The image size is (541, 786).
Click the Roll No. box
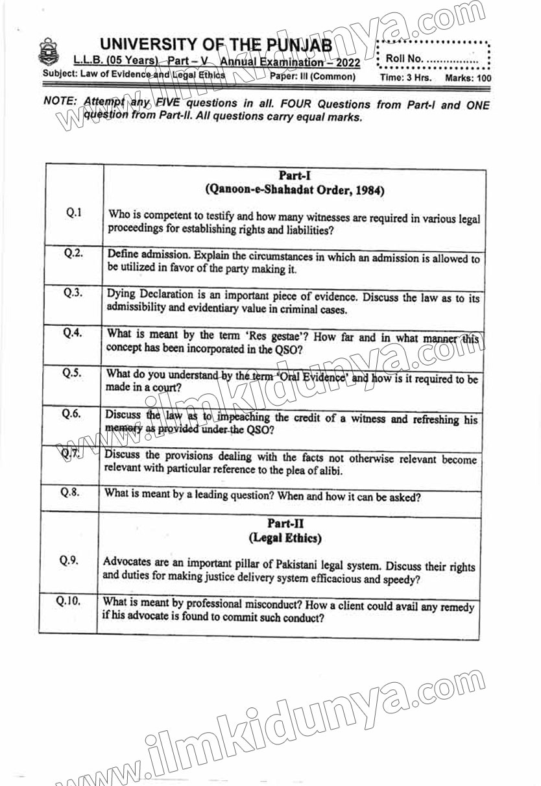point(433,58)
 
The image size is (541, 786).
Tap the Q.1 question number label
point(73,213)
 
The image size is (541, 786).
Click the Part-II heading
point(285,522)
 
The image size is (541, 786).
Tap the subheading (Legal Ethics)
point(285,538)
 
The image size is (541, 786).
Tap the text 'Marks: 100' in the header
point(468,78)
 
